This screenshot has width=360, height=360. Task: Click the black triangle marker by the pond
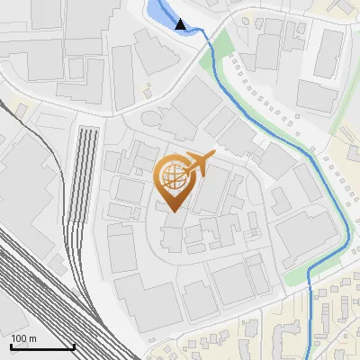pos(183,24)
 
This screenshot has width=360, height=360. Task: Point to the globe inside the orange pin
pos(174,175)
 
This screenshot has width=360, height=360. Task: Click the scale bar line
pos(42,347)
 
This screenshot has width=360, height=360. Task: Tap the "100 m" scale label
pos(24,338)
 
